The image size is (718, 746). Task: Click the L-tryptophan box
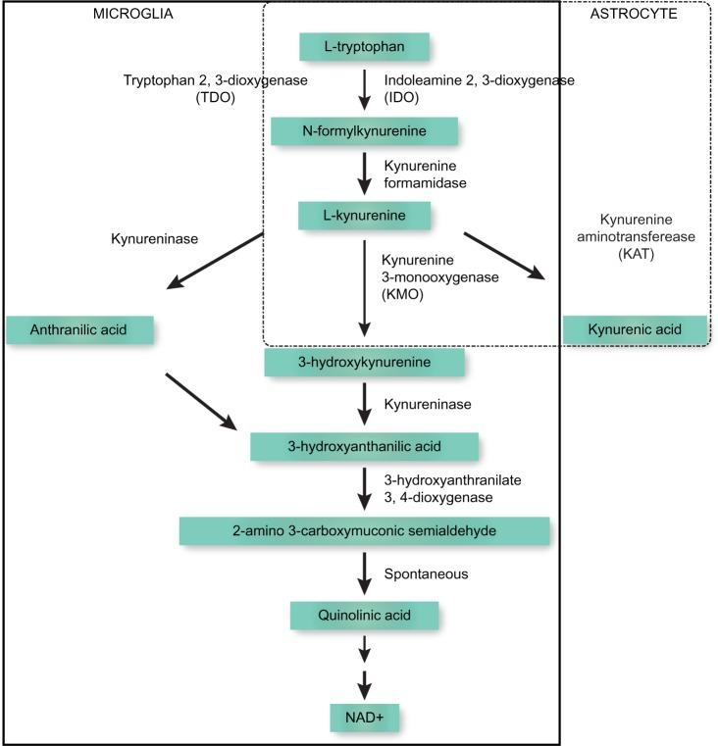pyautogui.click(x=365, y=46)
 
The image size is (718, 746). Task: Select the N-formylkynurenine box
pyautogui.click(x=364, y=130)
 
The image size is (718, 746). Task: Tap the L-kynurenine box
pyautogui.click(x=365, y=214)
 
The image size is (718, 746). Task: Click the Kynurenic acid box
pyautogui.click(x=635, y=329)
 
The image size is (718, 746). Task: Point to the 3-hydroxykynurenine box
pyautogui.click(x=364, y=363)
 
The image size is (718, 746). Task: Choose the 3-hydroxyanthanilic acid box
pyautogui.click(x=364, y=446)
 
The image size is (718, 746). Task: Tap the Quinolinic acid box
pyautogui.click(x=364, y=616)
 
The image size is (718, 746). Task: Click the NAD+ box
pyautogui.click(x=365, y=718)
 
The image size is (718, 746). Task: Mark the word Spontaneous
pyautogui.click(x=426, y=572)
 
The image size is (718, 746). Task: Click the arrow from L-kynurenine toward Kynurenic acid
pyautogui.click(x=504, y=258)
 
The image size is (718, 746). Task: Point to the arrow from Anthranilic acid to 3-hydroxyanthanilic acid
pyautogui.click(x=200, y=401)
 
